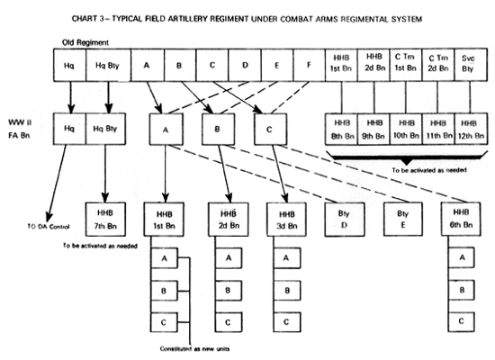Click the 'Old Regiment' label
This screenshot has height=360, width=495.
click(x=74, y=40)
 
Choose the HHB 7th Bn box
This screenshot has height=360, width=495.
click(x=103, y=217)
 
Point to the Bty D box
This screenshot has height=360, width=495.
click(x=345, y=217)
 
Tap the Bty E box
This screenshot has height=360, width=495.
click(x=402, y=217)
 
